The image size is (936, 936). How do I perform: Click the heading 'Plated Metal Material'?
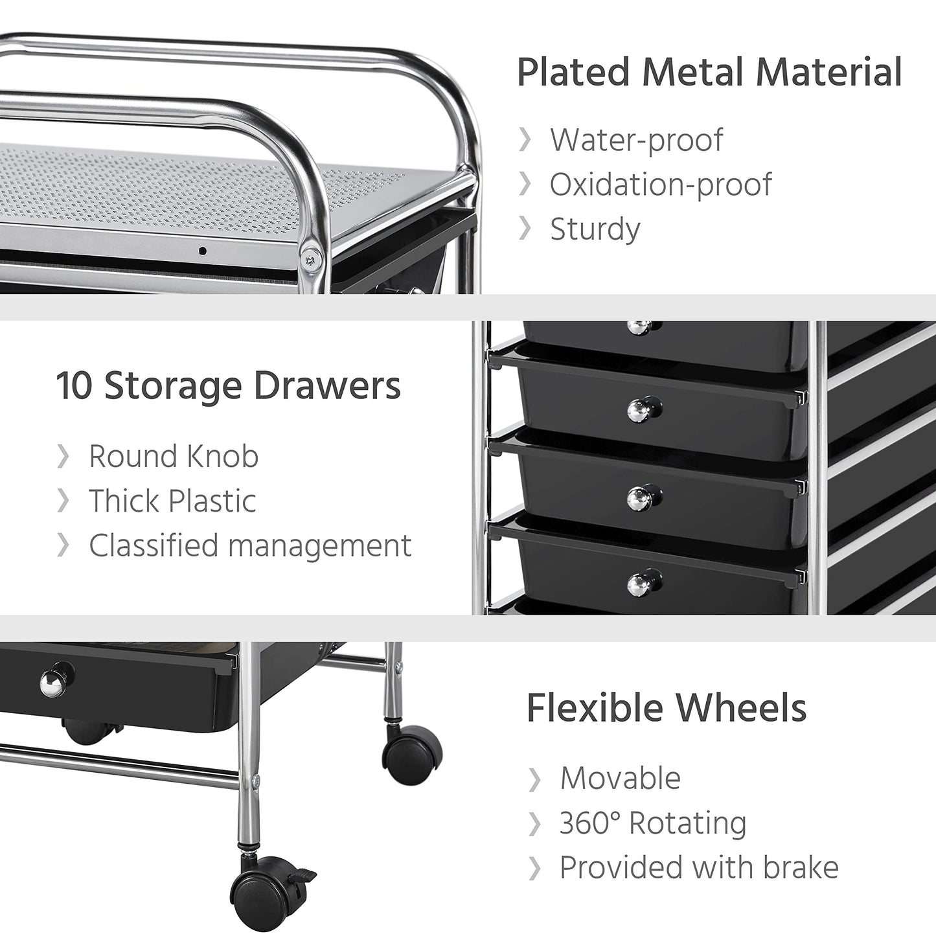[709, 73]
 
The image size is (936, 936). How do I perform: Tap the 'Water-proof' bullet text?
[636, 141]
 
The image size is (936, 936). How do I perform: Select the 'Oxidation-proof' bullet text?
[661, 185]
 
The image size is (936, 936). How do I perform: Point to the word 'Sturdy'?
[595, 229]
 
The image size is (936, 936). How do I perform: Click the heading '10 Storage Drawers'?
[228, 386]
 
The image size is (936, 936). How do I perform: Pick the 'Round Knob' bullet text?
[174, 457]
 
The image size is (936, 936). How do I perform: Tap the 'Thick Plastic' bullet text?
[172, 501]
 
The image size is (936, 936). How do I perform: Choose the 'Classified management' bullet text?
[250, 545]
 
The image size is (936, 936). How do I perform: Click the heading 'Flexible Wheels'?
[667, 708]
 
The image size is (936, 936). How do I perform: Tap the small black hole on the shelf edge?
[203, 251]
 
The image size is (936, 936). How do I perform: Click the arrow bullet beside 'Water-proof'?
[525, 141]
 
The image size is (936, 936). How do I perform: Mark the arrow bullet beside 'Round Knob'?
[63, 457]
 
